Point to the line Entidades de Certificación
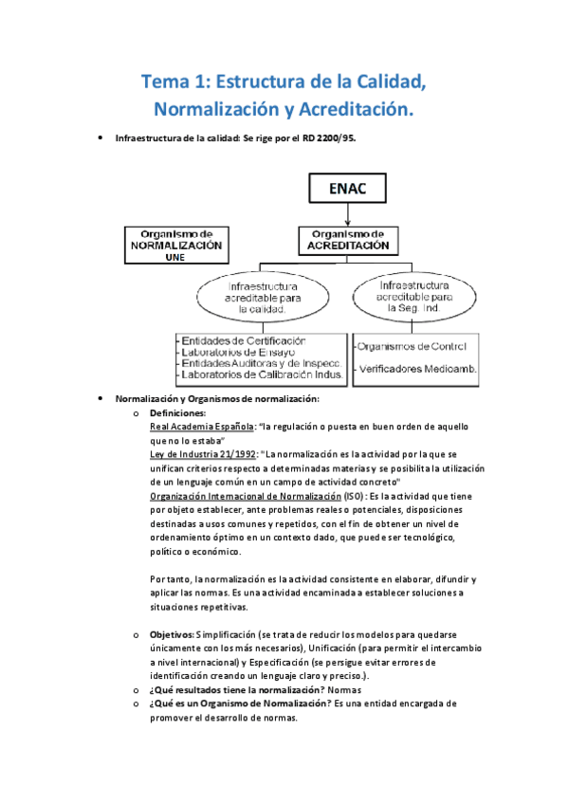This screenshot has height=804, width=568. pos(244,339)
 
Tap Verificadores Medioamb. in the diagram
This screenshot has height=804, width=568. pos(416,368)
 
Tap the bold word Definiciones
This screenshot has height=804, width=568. pos(177,413)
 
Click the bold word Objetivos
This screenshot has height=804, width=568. pos(172,633)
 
